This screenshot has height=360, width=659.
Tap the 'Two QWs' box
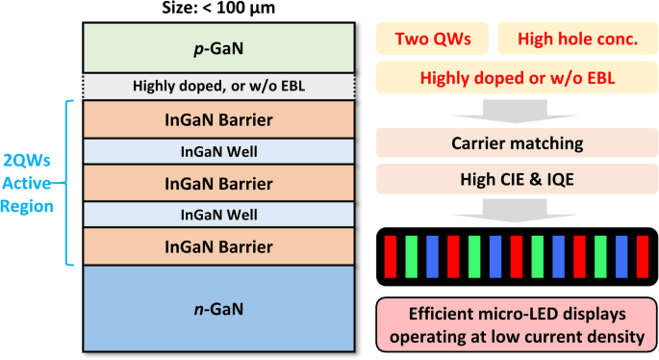coord(431,39)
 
